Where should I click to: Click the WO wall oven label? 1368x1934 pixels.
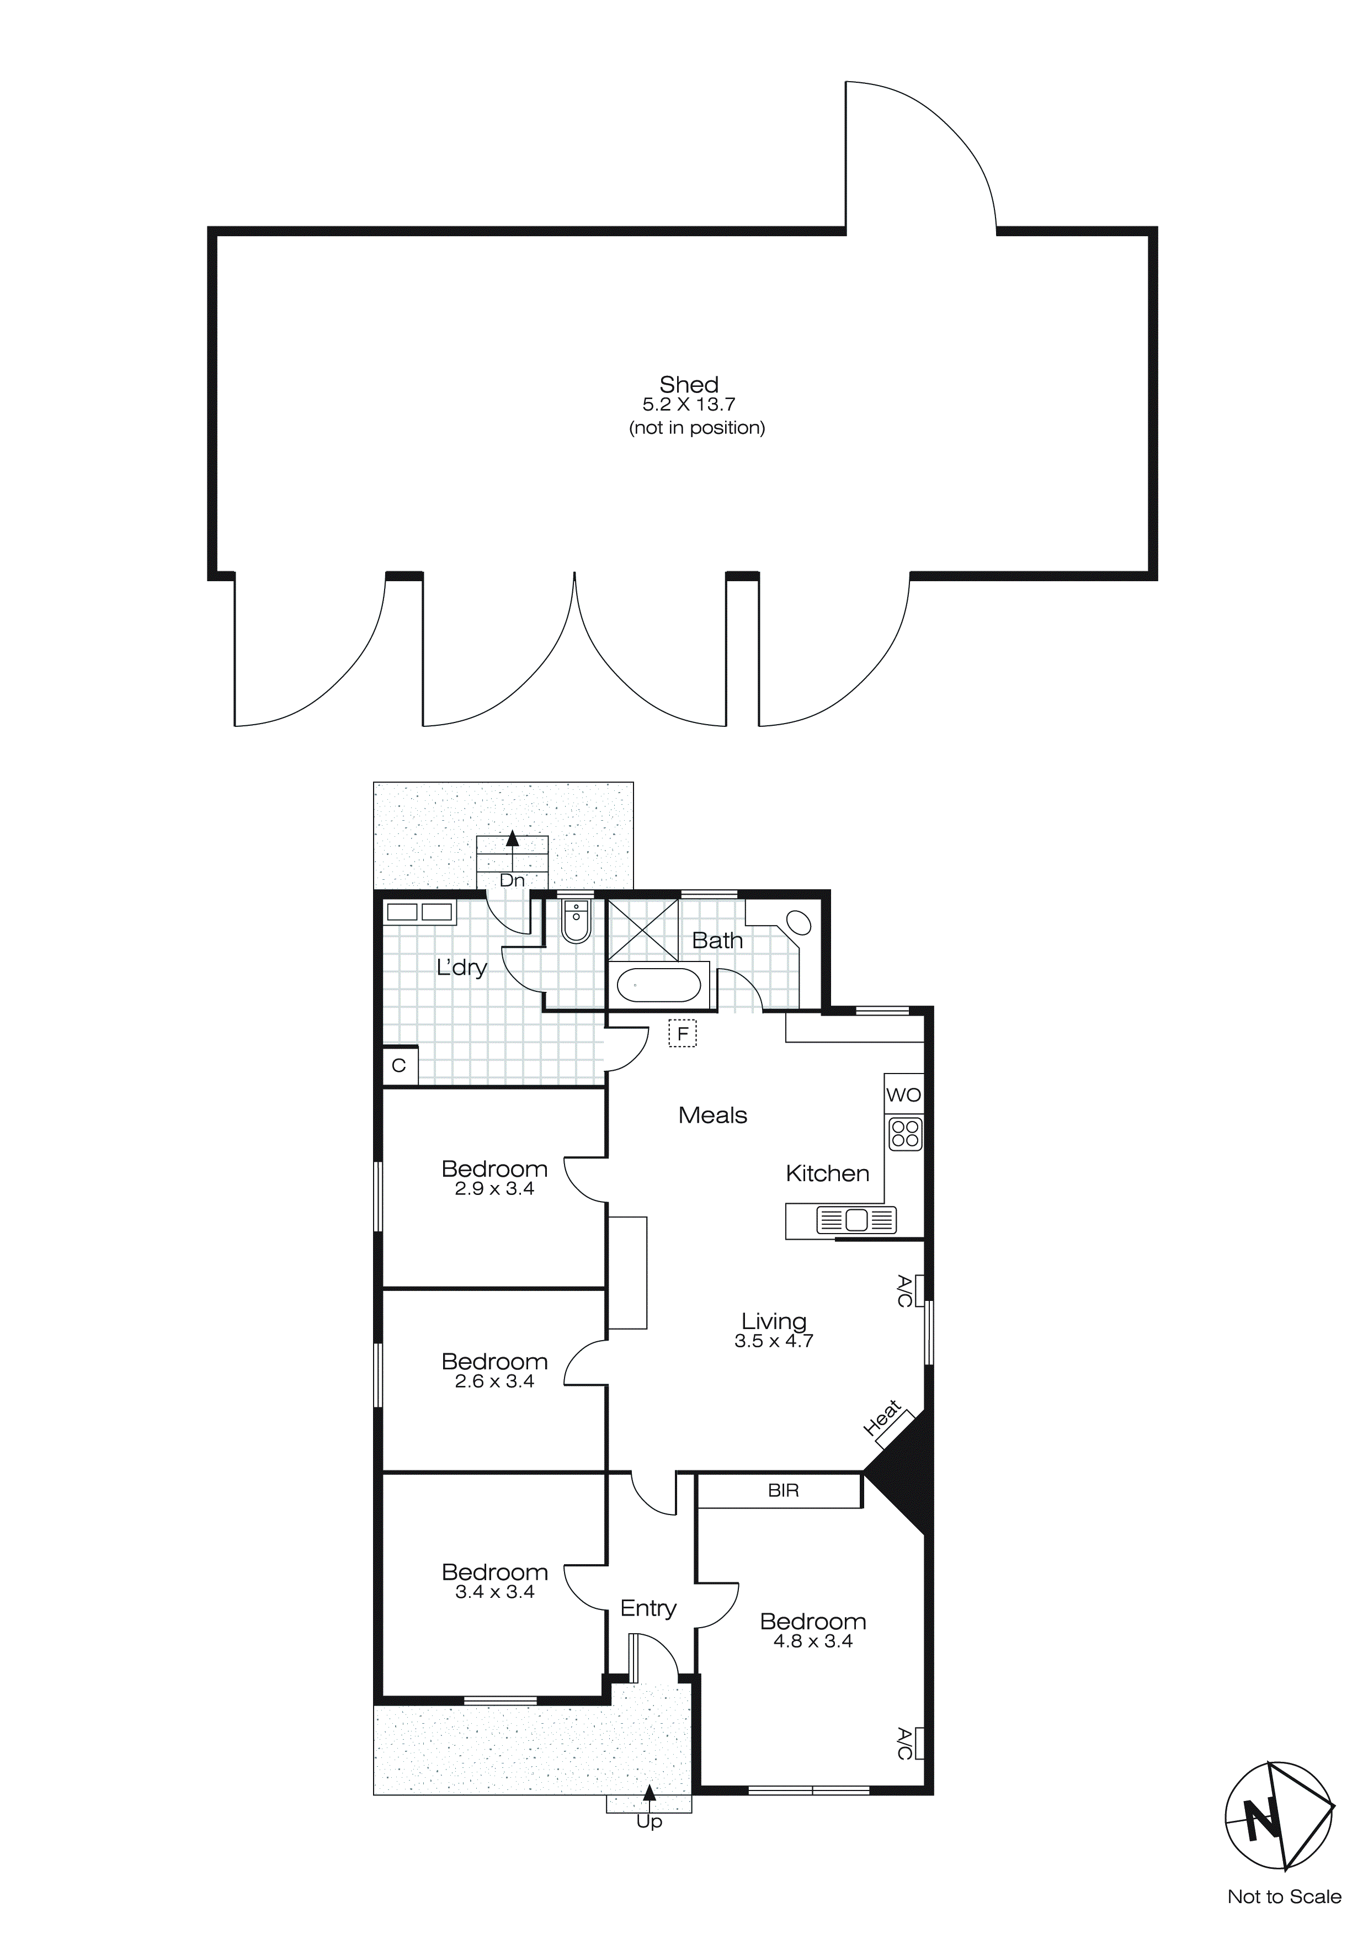point(904,1095)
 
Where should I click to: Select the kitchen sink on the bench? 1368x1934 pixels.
point(856,1220)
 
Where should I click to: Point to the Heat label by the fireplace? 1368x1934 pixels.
point(882,1418)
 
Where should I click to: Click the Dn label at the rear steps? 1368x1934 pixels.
point(512,881)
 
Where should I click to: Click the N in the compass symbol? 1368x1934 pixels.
point(1261,1825)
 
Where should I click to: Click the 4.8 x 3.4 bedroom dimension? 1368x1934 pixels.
point(813,1641)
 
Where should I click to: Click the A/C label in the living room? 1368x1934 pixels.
point(903,1292)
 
